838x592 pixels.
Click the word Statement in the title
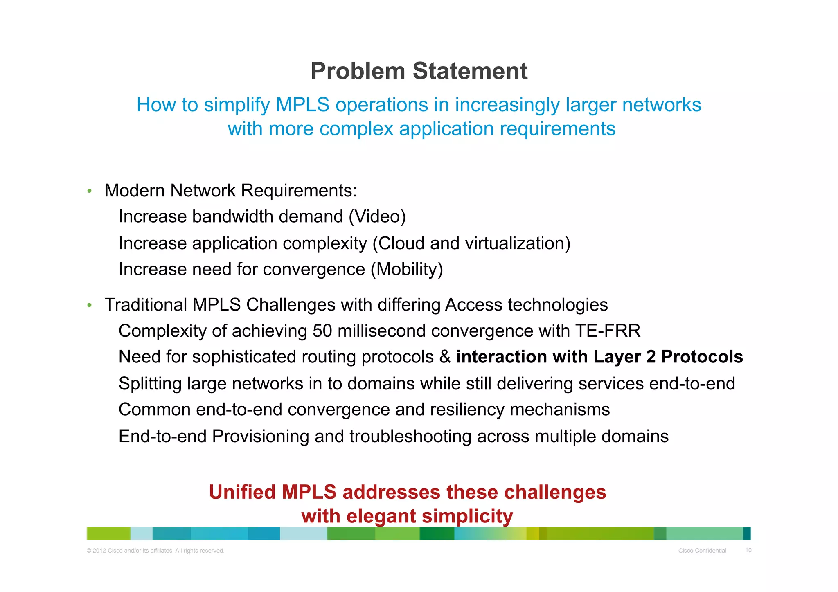pos(470,71)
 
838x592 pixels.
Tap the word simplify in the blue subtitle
pos(237,105)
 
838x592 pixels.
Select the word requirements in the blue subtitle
pos(558,129)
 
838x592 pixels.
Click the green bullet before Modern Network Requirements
pos(89,191)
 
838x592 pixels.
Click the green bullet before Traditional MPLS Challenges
pos(89,305)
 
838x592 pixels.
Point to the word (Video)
pos(377,216)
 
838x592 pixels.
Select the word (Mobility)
pos(407,270)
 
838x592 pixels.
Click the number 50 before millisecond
pos(322,331)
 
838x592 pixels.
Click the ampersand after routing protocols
pos(445,357)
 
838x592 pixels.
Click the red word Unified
pos(242,492)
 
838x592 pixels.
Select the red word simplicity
pos(467,516)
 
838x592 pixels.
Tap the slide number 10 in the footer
pos(748,550)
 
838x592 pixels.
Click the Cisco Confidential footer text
pos(702,551)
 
